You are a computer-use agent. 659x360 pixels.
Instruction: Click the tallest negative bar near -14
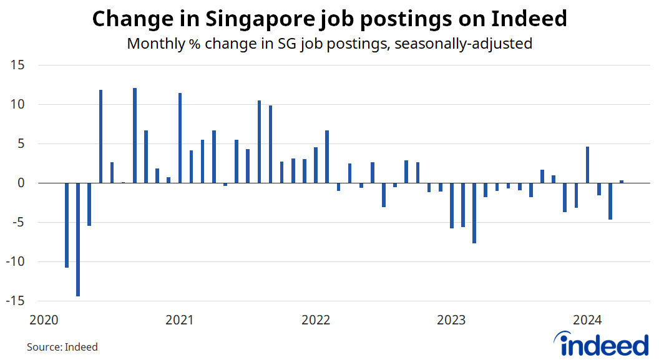78,240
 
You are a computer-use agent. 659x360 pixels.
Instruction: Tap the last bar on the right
622,182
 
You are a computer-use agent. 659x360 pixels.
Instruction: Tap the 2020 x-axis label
44,321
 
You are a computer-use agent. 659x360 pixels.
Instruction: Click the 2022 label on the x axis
315,321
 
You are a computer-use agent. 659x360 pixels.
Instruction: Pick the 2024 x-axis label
587,321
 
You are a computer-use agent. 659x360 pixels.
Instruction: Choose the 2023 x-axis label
451,321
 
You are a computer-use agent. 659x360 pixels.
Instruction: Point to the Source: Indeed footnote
62,346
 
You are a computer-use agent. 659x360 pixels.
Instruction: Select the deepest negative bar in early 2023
474,213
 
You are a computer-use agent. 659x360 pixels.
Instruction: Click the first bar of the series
67,225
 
